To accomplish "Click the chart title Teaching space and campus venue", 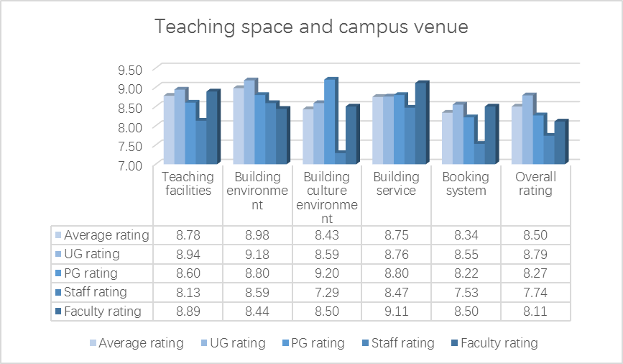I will pos(312,28).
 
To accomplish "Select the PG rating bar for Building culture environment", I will pos(329,122).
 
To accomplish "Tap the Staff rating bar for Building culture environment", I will pos(340,158).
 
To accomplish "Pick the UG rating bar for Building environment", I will pos(249,123).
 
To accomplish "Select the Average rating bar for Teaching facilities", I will pos(168,130).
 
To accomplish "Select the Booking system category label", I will pos(466,183).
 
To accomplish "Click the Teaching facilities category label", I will pos(188,183).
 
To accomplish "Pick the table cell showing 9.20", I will pos(327,273).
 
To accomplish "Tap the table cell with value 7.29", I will pos(327,292).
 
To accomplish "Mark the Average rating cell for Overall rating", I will pos(535,235).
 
